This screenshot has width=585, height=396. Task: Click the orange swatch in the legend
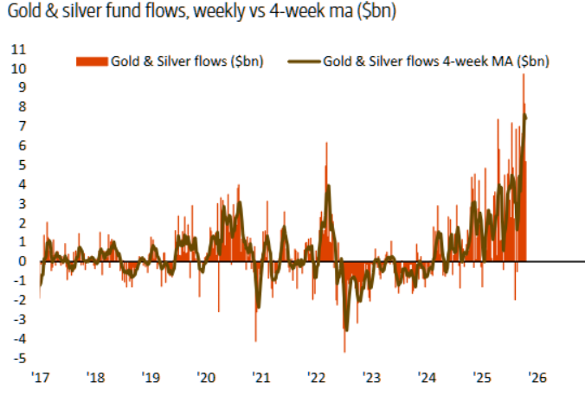click(x=92, y=61)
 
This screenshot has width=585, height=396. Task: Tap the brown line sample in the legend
click(x=304, y=61)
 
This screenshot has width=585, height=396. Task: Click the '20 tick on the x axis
click(x=206, y=377)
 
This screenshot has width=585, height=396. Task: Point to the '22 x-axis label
click(x=317, y=377)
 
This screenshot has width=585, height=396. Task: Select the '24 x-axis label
click(x=427, y=377)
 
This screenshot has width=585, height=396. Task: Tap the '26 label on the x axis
click(x=537, y=377)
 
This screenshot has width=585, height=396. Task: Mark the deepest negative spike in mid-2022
click(x=344, y=349)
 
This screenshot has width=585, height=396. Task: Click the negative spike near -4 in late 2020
click(x=255, y=339)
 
